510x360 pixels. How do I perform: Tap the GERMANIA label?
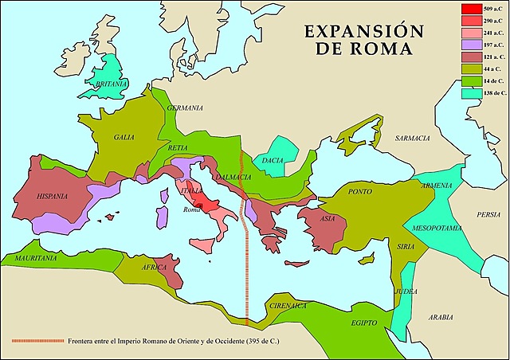185,108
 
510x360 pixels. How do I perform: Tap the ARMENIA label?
437,185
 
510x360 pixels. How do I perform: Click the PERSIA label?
488,214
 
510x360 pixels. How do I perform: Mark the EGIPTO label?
367,323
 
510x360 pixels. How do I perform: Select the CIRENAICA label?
288,305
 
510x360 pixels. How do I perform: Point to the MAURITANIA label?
30,259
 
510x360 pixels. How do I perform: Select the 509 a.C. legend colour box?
473,9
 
